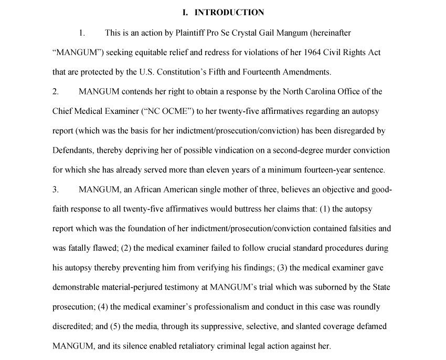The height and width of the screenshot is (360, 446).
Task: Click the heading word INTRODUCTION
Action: tap(229, 13)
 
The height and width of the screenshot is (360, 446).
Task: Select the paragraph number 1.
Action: tap(81, 33)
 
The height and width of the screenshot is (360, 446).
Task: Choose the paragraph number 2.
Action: tap(55, 92)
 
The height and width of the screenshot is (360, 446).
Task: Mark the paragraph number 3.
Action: tap(55, 189)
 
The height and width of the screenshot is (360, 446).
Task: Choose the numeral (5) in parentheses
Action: tap(115, 326)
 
